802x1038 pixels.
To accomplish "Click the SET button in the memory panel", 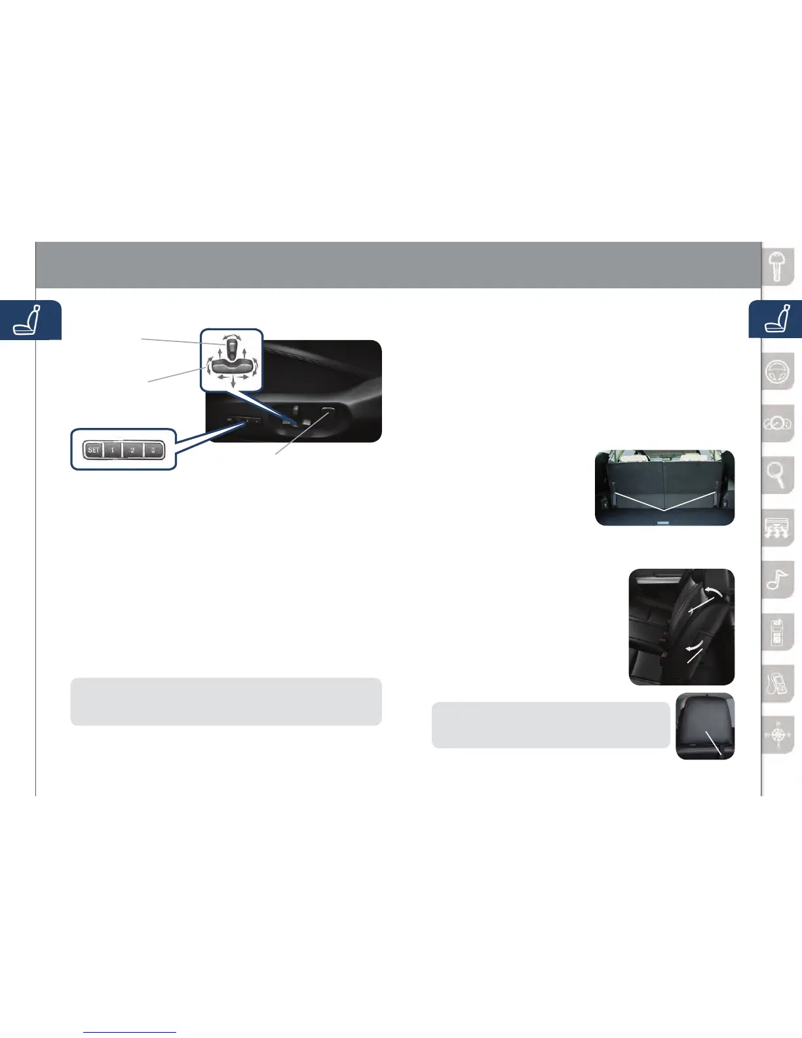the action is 94,450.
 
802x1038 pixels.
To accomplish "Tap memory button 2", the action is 132,450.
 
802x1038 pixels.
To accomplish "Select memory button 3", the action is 153,450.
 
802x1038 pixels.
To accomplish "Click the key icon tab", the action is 778,267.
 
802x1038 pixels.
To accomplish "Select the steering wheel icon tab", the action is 778,372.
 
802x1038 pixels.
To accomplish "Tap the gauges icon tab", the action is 778,424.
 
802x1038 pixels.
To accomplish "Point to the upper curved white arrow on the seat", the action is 716,594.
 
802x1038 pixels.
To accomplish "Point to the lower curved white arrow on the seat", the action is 692,647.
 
